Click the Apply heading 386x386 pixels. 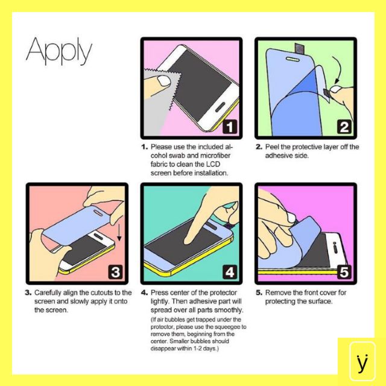pos(59,51)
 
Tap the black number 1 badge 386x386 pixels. pos(230,127)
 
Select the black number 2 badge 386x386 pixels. pos(344,127)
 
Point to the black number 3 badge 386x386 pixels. pos(115,272)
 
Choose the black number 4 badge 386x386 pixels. pos(230,272)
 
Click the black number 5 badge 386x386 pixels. pos(344,272)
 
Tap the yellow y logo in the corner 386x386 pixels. pos(362,361)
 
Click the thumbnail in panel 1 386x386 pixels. pos(163,81)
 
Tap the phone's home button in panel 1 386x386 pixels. pos(220,107)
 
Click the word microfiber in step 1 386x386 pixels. pos(215,156)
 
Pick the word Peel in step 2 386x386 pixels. pos(272,147)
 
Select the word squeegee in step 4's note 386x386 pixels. pos(228,327)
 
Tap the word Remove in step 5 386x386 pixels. pos(277,293)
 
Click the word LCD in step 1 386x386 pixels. pos(213,164)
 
